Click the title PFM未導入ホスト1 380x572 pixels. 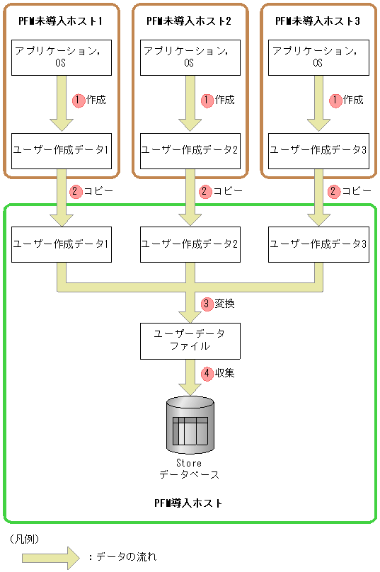click(x=61, y=21)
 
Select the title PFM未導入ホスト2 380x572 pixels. click(x=189, y=21)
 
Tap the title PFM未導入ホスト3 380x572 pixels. click(x=318, y=21)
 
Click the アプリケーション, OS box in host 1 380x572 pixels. click(x=61, y=57)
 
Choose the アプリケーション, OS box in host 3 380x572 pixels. click(x=318, y=57)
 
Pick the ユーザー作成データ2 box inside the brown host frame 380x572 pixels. click(x=189, y=150)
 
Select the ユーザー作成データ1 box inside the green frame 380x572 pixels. click(x=61, y=244)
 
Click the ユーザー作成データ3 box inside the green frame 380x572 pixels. click(x=318, y=244)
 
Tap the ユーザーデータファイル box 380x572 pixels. click(x=189, y=340)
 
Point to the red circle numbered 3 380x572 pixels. click(x=207, y=304)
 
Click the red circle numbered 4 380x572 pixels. click(x=207, y=372)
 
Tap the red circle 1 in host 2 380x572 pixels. click(x=207, y=101)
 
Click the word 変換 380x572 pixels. click(x=224, y=304)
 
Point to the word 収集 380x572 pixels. click(x=224, y=372)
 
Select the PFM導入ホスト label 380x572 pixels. click(x=188, y=503)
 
